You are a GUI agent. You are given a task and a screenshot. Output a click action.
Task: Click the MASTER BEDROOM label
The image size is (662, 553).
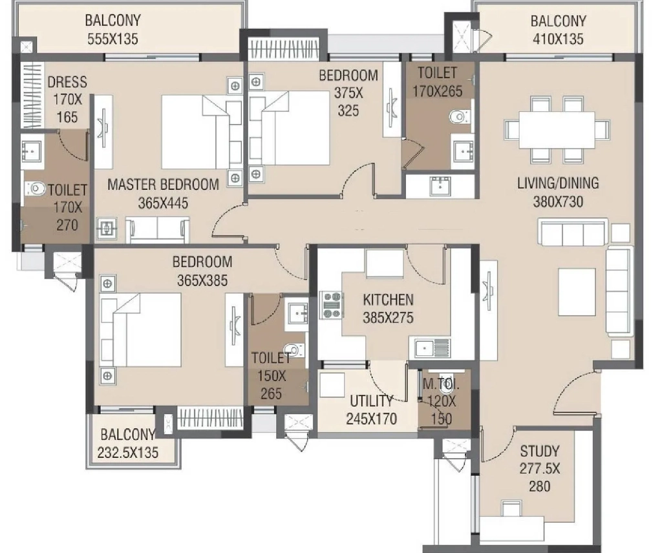[163, 184]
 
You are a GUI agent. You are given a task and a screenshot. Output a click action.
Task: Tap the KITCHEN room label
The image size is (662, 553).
[388, 300]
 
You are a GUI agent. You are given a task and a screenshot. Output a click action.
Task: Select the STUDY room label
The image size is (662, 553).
[540, 452]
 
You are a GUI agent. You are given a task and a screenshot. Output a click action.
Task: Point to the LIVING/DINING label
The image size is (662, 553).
[558, 183]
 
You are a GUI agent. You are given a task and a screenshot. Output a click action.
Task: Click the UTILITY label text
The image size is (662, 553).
[372, 401]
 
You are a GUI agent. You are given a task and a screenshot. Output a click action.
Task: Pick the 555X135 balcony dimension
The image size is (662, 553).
[112, 39]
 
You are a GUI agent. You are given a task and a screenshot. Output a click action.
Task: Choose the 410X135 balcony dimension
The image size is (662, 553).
[558, 39]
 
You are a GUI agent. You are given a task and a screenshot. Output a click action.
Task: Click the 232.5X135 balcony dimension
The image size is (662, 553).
[128, 453]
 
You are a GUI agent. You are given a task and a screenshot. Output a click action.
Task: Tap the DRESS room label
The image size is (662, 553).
[67, 82]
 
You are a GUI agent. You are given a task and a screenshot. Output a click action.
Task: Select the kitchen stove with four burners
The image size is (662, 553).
[332, 304]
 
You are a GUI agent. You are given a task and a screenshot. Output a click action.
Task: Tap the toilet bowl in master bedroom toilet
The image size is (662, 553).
[36, 189]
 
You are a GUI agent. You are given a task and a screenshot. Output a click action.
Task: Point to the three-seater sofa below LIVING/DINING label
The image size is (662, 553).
[573, 231]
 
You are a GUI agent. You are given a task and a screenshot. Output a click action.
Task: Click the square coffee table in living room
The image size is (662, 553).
[577, 292]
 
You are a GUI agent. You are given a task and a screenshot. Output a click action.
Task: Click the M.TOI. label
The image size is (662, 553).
[441, 384]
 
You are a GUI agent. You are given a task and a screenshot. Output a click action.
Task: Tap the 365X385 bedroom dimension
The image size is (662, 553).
[202, 280]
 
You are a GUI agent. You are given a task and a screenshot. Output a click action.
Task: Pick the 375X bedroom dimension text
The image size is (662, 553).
[348, 93]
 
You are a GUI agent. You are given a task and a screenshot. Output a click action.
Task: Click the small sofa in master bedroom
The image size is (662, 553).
[158, 229]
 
